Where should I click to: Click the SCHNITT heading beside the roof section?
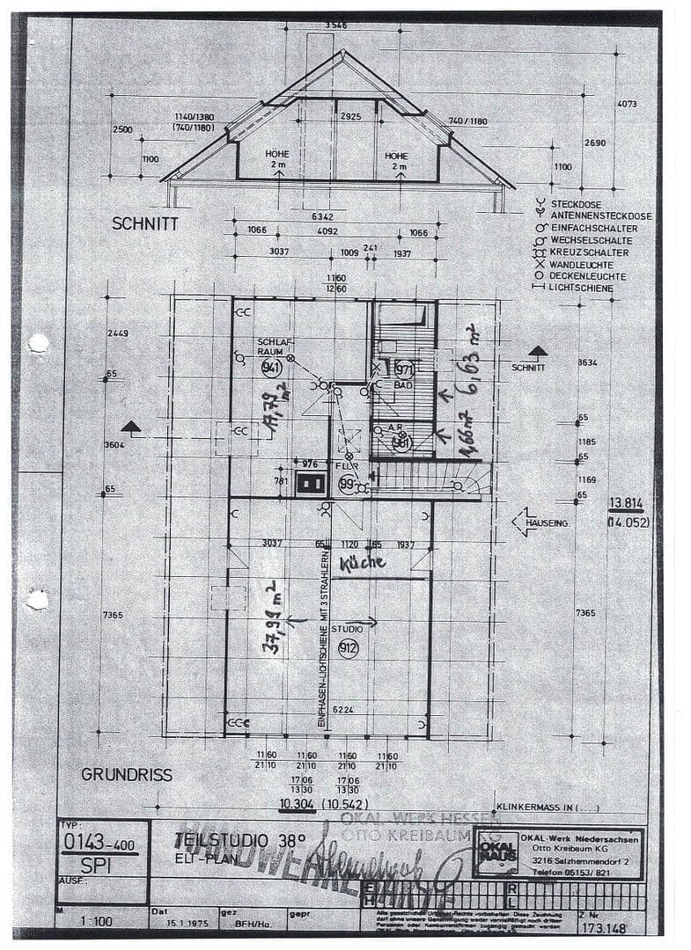coord(144,223)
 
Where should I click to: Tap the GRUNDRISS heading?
coord(127,775)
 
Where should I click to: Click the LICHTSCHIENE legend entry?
coord(587,287)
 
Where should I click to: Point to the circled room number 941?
coord(271,369)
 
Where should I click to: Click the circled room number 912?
coord(349,649)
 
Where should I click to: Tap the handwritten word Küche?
coord(362,562)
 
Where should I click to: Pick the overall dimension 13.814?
coord(626,504)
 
